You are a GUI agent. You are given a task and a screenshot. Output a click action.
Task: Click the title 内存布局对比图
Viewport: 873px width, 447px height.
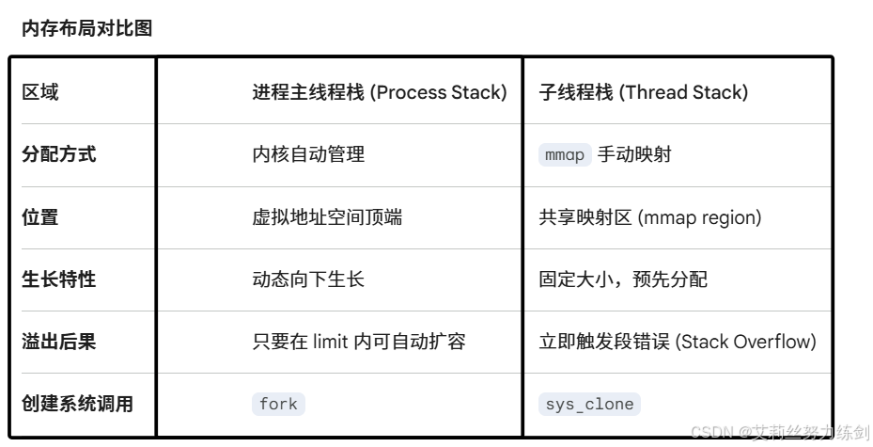coord(86,29)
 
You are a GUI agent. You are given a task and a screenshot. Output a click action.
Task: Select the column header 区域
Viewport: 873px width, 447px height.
coord(39,92)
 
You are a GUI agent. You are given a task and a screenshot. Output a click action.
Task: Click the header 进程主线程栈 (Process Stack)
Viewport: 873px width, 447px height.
coord(379,92)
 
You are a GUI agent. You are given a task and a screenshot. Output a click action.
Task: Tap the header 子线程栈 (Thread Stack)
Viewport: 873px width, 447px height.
coord(643,92)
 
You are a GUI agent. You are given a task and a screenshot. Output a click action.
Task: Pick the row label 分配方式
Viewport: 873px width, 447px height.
coord(58,154)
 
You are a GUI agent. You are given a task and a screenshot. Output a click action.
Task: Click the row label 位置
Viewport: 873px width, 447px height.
coord(39,217)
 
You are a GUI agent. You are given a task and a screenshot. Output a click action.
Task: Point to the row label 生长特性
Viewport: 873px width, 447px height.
coord(58,279)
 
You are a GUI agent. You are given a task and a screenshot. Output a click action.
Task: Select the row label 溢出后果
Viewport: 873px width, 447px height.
coord(58,342)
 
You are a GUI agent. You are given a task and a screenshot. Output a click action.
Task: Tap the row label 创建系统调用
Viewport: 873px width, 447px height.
coord(77,405)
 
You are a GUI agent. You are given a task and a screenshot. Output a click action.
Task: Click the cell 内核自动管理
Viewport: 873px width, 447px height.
coord(308,154)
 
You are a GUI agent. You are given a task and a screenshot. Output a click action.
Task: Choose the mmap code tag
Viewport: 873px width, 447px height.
coord(564,155)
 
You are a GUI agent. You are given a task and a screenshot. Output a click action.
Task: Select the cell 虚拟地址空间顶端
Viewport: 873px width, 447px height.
coord(327,217)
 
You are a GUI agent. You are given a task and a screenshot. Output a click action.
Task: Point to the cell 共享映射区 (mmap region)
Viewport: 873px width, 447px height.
coord(649,217)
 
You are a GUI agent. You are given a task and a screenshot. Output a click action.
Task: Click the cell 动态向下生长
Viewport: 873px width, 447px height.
coord(308,279)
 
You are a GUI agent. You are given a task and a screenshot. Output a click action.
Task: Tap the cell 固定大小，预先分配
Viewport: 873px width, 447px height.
coord(623,279)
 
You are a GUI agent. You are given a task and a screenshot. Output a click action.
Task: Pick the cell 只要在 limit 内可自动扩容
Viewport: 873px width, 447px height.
coord(359,342)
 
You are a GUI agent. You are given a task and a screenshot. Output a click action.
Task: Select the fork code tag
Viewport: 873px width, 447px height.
coord(278,405)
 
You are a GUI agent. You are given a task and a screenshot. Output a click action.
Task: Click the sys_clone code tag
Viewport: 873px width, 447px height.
coord(589,405)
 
